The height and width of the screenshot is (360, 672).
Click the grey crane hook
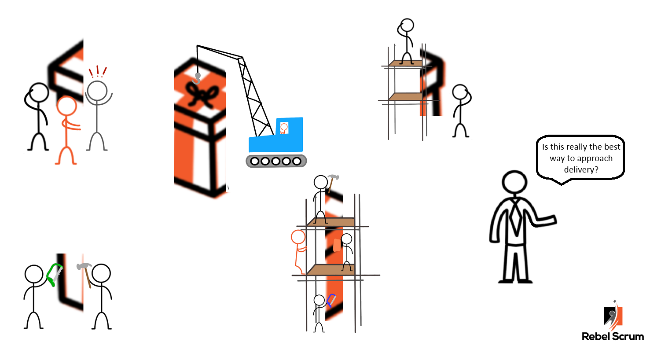[197, 79]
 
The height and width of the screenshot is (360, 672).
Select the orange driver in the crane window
[283, 129]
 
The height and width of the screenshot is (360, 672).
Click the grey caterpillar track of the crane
[276, 161]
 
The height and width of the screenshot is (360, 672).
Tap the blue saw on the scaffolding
[331, 300]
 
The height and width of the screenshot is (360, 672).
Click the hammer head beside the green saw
[84, 266]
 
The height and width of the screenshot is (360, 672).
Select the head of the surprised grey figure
[97, 91]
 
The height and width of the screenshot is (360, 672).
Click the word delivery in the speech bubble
[581, 170]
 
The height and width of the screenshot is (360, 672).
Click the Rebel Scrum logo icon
[613, 315]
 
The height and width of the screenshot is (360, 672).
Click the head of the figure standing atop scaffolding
[407, 25]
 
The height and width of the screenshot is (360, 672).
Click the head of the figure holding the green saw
[34, 274]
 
